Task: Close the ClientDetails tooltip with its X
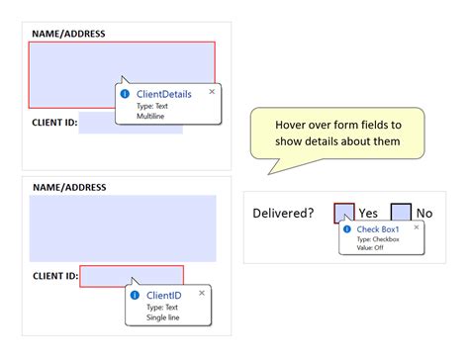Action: click(x=212, y=92)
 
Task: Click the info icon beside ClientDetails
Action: click(x=125, y=93)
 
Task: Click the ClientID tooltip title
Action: click(x=163, y=295)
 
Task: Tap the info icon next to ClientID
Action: click(x=135, y=295)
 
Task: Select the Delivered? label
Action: click(x=283, y=213)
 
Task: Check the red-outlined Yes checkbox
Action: click(x=343, y=213)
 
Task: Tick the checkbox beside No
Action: click(x=401, y=213)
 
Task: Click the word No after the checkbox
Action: click(x=424, y=213)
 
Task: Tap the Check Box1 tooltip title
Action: click(x=377, y=228)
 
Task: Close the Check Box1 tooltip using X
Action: click(x=417, y=227)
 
